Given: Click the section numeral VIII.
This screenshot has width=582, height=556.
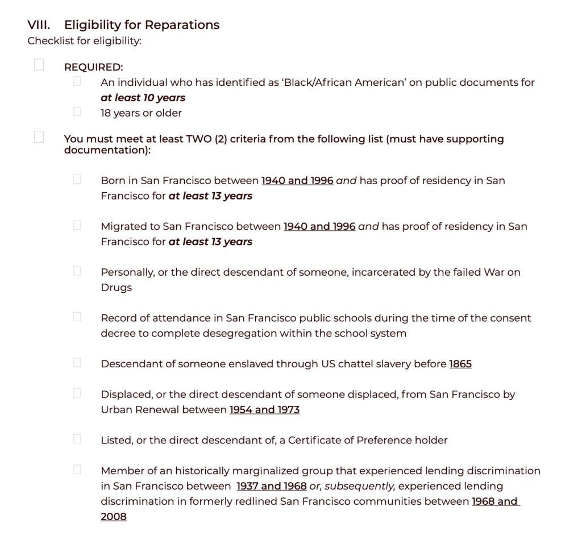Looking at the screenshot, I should coord(39,25).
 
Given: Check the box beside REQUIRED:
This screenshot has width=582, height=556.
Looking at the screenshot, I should coord(39,65).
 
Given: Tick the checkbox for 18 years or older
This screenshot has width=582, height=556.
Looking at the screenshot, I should coord(77,111).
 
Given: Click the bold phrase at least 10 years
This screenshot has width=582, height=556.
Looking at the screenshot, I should coord(143,98).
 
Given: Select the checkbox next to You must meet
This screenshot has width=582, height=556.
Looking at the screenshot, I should coord(39,137).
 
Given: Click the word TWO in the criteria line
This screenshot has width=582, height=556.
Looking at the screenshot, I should coord(199,139).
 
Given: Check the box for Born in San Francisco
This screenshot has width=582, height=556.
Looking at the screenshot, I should coord(77,179).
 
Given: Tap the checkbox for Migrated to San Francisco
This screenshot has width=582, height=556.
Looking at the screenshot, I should coord(77,225).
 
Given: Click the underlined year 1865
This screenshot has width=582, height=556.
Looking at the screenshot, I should coord(460,364).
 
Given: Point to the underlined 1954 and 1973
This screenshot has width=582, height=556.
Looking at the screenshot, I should coord(264,410).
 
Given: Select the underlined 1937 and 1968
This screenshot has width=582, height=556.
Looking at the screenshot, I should coord(271,487).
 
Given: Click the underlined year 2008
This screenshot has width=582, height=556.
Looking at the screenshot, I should coord(114,517).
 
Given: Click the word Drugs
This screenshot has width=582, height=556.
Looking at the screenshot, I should coord(116,288).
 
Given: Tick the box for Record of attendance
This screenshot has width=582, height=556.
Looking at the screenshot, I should coord(77,317).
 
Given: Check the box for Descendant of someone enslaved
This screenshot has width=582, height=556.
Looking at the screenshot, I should coord(77,362).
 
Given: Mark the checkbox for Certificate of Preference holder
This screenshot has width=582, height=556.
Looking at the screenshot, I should coord(77,439).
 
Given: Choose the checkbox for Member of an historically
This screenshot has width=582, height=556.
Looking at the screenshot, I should coord(77,470).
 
